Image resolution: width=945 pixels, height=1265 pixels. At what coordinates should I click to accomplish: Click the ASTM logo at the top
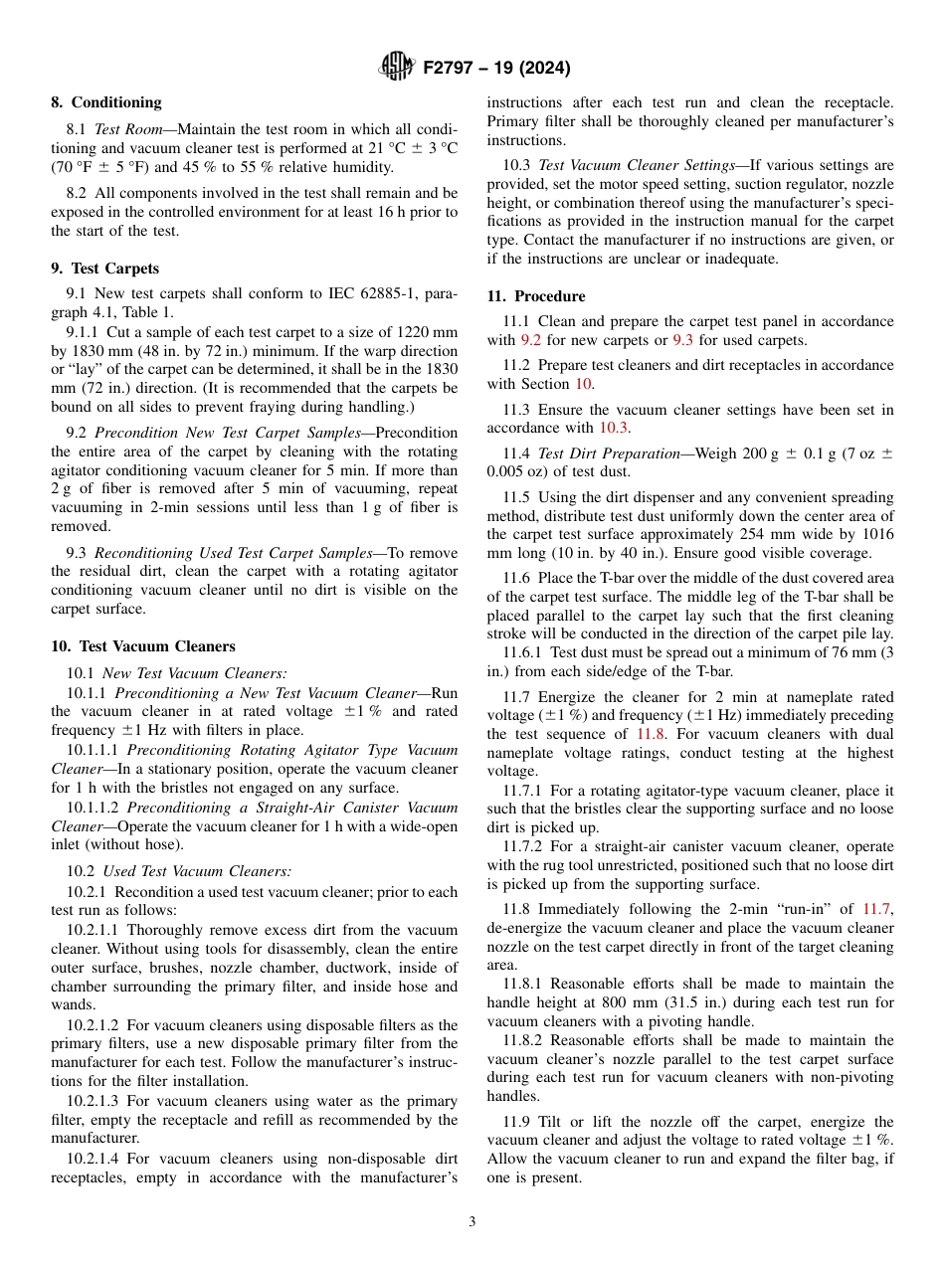pyautogui.click(x=397, y=68)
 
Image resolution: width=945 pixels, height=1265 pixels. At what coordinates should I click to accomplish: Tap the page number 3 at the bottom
pyautogui.click(x=472, y=1222)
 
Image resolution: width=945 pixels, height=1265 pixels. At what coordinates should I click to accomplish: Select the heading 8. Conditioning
pyautogui.click(x=106, y=102)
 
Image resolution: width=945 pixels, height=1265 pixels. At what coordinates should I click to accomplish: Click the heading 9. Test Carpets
pyautogui.click(x=104, y=269)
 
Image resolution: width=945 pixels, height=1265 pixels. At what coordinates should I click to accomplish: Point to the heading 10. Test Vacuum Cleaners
pyautogui.click(x=143, y=646)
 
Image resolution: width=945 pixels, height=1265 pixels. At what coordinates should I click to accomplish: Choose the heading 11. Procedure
pyautogui.click(x=536, y=296)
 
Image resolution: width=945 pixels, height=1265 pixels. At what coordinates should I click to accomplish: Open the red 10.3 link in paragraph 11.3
pyautogui.click(x=613, y=428)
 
